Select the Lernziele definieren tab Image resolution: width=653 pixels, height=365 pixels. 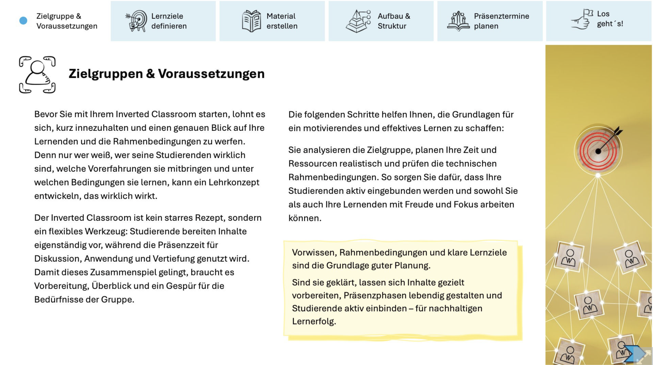point(163,21)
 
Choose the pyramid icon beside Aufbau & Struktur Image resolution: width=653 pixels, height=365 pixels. point(358,21)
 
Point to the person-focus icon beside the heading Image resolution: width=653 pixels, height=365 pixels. point(37,74)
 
